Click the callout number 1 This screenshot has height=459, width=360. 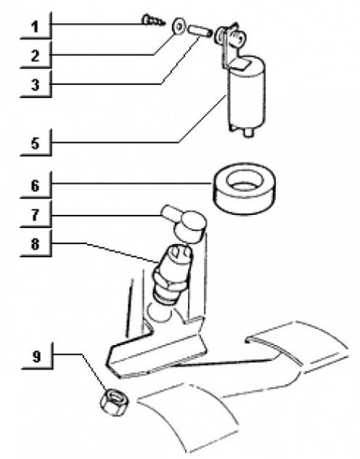(x=35, y=27)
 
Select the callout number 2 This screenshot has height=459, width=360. (x=35, y=56)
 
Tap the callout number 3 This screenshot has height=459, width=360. (x=35, y=85)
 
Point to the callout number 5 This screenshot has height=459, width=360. (x=35, y=144)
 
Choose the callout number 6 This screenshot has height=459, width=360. (x=35, y=186)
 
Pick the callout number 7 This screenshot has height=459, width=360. (x=35, y=215)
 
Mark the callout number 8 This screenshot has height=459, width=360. (x=35, y=244)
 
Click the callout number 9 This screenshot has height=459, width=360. (x=36, y=356)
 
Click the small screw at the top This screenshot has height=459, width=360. (x=154, y=21)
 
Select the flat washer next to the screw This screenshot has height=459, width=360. (x=178, y=27)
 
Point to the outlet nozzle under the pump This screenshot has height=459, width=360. (x=248, y=132)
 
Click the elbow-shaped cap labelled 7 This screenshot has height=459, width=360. (x=185, y=223)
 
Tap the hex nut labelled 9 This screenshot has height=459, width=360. (x=114, y=401)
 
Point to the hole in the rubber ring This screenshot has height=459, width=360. (x=243, y=181)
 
